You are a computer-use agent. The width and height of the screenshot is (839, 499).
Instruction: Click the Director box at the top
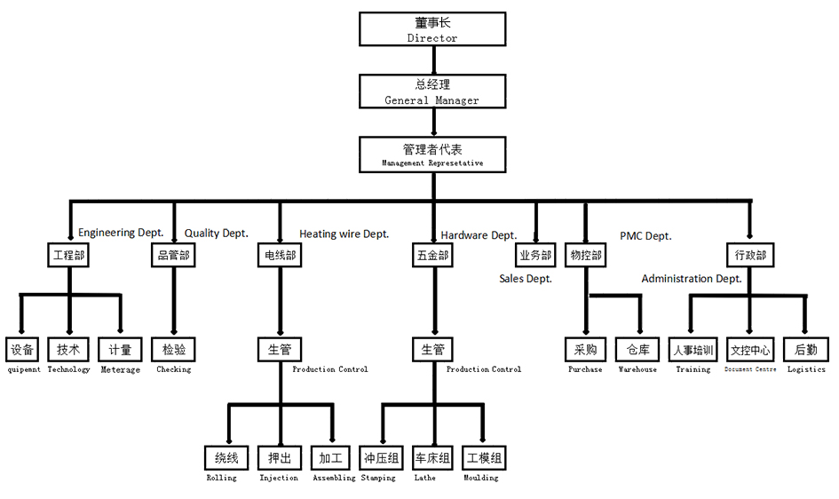tap(432, 29)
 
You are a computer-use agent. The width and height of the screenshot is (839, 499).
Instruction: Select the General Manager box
tap(432, 91)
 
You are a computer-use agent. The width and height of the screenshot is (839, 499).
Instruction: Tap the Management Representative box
tap(432, 154)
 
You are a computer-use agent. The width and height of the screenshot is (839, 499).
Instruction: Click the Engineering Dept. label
tap(121, 233)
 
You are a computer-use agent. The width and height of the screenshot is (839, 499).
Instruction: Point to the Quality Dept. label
tap(216, 234)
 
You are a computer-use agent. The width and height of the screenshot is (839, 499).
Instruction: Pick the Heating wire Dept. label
tap(344, 234)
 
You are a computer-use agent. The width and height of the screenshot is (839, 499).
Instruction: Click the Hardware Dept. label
tap(479, 235)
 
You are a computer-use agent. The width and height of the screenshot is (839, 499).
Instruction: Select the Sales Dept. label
tap(526, 279)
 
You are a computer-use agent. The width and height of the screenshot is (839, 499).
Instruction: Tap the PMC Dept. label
tap(645, 236)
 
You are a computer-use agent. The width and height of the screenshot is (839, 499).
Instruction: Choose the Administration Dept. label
tap(692, 279)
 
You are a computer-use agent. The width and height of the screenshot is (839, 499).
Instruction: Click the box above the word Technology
tap(68, 350)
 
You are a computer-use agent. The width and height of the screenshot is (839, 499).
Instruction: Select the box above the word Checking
tap(173, 350)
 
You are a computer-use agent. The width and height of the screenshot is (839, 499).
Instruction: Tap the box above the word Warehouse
tap(637, 350)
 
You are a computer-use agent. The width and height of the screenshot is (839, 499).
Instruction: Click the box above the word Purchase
tap(585, 350)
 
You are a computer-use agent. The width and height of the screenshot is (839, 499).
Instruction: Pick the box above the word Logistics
tap(806, 350)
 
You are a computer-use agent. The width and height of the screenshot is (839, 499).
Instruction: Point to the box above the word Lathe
tap(432, 459)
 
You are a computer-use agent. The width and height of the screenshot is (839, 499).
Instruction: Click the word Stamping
tap(377, 478)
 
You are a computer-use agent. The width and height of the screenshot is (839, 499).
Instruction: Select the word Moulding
tap(480, 478)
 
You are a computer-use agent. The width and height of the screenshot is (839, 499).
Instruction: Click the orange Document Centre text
tap(750, 368)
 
